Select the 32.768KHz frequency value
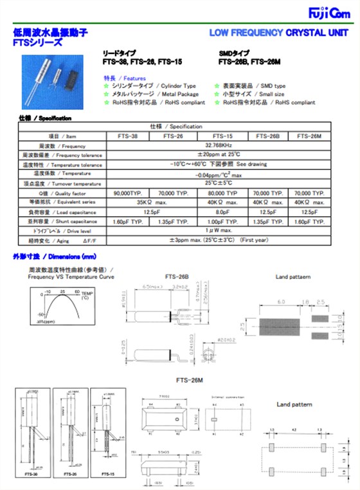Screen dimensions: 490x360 point(219,146)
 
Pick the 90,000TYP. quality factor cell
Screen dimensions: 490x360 point(127,193)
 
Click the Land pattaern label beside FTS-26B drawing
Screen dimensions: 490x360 point(293,277)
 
